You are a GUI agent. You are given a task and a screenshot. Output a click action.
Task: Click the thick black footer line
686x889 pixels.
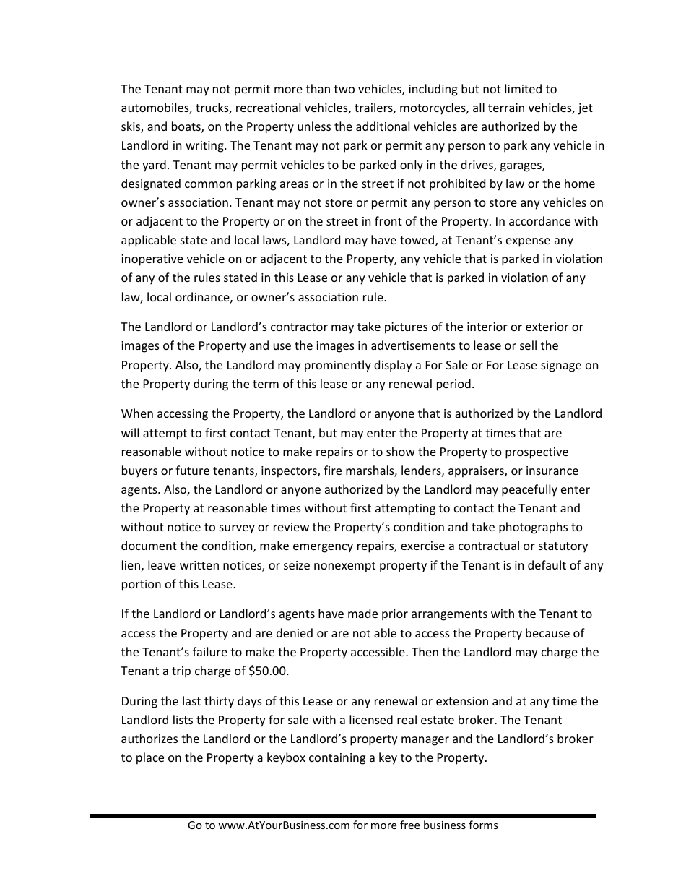tap(343, 815)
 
